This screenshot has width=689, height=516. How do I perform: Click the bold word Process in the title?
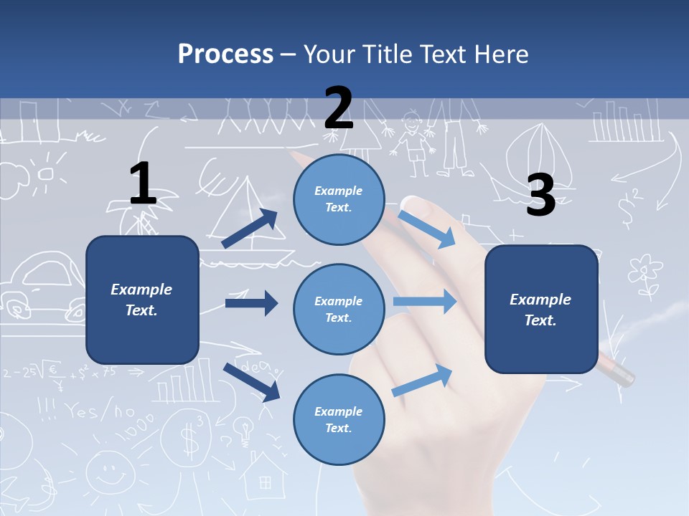coord(225,54)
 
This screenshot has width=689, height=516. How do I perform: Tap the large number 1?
coord(143,183)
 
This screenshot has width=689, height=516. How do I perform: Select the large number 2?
coord(339,107)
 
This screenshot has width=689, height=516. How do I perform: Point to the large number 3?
coord(541,196)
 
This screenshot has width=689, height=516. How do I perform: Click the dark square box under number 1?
coord(142,300)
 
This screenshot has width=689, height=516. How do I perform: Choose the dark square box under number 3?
coord(541,309)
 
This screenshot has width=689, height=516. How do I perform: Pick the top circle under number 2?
coord(339,199)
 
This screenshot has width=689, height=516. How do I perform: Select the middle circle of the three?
coord(339,309)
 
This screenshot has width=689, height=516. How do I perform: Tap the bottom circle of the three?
coord(339,419)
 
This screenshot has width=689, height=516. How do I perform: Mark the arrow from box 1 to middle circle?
coord(251,303)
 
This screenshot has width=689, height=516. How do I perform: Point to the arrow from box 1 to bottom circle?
coord(251,381)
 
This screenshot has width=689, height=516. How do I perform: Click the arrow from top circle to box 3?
coord(428,228)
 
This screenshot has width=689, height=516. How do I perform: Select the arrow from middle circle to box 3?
coord(425,301)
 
